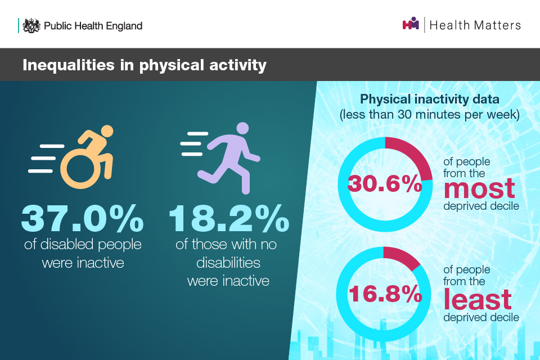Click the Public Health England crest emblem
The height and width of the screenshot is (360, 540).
pyautogui.click(x=31, y=25)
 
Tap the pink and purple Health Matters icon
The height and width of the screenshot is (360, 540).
pyautogui.click(x=411, y=24)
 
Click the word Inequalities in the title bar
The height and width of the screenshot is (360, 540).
pyautogui.click(x=69, y=65)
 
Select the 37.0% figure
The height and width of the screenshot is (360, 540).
pyautogui.click(x=82, y=218)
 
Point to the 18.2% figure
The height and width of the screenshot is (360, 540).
pyautogui.click(x=229, y=218)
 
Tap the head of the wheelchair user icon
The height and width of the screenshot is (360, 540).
pyautogui.click(x=107, y=131)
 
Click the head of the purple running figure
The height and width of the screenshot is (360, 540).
pyautogui.click(x=242, y=128)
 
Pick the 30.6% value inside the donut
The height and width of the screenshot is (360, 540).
pyautogui.click(x=385, y=183)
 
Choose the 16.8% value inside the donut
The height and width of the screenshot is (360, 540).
pyautogui.click(x=385, y=294)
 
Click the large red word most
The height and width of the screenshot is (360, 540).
pyautogui.click(x=479, y=189)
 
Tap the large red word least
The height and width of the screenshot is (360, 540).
pyautogui.click(x=478, y=299)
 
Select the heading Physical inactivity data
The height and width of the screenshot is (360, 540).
pyautogui.click(x=429, y=99)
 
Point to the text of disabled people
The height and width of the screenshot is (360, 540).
pyautogui.click(x=83, y=244)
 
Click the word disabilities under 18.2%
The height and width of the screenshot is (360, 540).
pyautogui.click(x=228, y=263)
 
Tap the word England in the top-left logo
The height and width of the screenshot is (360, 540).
pyautogui.click(x=124, y=26)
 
